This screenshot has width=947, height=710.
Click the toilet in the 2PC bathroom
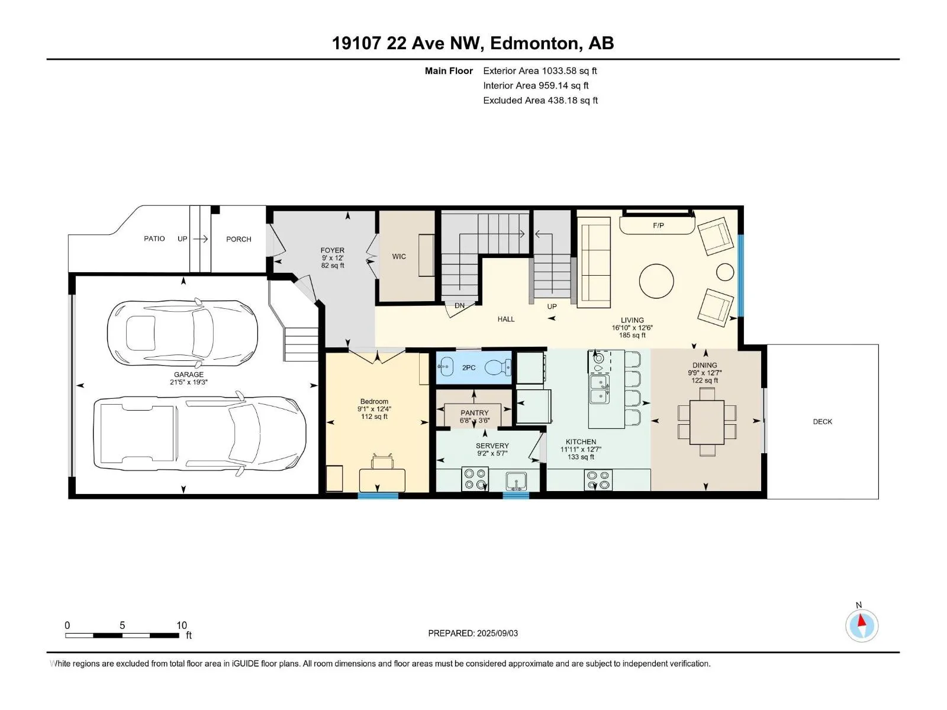[x=498, y=367]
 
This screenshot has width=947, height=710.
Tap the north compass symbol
[x=862, y=625]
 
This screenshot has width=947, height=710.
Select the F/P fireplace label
[x=658, y=225]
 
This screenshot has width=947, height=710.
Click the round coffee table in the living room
[x=656, y=281]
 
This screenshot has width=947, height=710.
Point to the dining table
[x=707, y=422]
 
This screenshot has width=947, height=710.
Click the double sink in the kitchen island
[x=600, y=389]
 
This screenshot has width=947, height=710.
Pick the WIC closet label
[x=399, y=257]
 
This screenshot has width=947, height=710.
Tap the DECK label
[x=822, y=422]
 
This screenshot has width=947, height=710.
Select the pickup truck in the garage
[x=199, y=433]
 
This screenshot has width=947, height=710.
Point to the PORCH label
[x=239, y=239]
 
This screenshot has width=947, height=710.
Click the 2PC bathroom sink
[x=446, y=367]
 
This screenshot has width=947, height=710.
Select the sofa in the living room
[x=594, y=262]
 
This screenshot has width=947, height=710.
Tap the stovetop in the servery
[x=475, y=479]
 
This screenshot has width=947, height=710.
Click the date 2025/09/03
[x=497, y=633]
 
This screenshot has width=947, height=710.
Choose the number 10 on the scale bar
[x=182, y=625]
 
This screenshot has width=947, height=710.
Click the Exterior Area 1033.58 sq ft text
[x=540, y=70]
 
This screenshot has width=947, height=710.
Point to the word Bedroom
[x=374, y=401]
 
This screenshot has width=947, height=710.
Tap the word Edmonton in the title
[x=534, y=43]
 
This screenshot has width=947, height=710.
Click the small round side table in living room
[x=725, y=272]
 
